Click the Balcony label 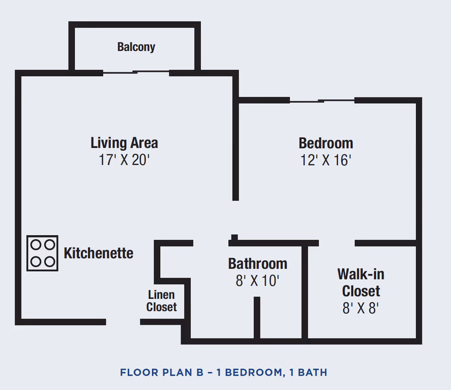136,47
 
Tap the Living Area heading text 124,143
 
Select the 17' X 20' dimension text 124,160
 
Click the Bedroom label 326,144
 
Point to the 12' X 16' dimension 325,160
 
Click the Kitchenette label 98,253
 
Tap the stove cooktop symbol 42,253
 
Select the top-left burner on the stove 35,245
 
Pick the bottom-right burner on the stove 50,261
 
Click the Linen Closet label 161,301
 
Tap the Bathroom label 257,264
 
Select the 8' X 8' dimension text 360,308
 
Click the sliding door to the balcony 136,72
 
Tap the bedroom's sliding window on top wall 322,100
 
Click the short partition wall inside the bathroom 257,317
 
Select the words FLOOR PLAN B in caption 162,372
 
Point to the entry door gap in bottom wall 123,322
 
